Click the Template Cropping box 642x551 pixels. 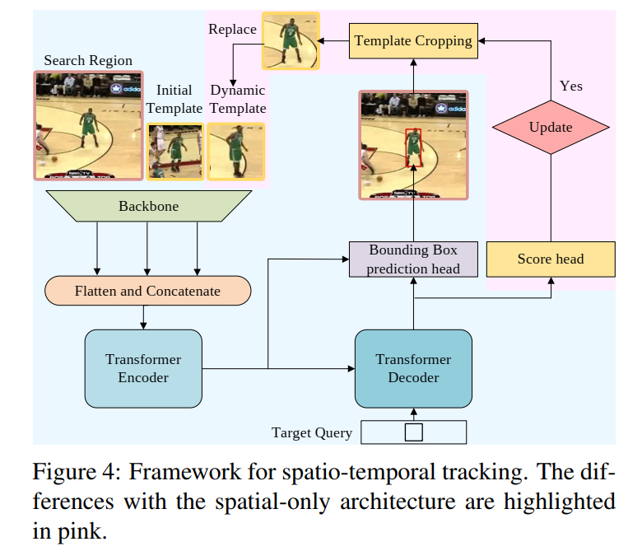coord(412,40)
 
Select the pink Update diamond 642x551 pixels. coord(550,128)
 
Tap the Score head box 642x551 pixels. coord(550,259)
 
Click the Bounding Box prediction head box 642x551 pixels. coord(412,259)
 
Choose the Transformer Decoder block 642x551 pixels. coord(413,369)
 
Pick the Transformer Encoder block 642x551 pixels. coord(143,369)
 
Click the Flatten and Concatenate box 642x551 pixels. coord(147,291)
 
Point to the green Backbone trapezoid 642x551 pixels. coord(147,206)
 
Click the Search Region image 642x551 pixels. coord(87,125)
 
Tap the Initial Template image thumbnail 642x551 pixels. coord(175,151)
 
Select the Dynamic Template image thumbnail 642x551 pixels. coord(236,151)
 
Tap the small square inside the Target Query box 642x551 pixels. coord(414,432)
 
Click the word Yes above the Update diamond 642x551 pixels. coord(570,86)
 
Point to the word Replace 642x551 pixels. coord(232,30)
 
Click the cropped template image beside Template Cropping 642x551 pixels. coord(291,40)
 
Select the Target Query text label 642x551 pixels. coord(312,432)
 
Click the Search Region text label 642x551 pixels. coord(88,61)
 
